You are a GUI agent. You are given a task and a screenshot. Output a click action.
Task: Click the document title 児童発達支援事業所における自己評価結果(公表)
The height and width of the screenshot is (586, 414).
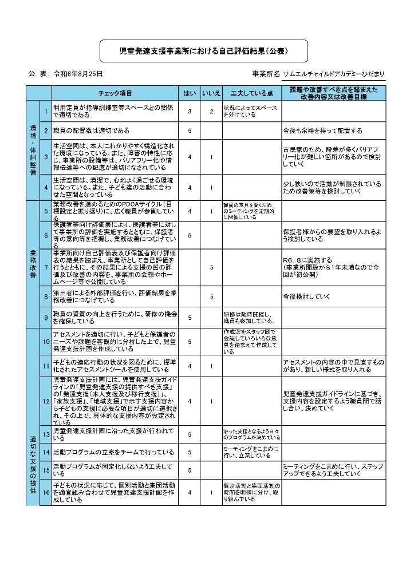click(203, 52)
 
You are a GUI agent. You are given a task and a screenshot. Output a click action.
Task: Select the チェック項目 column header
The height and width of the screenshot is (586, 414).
click(115, 93)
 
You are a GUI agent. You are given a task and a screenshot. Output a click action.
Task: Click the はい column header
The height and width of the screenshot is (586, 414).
click(190, 93)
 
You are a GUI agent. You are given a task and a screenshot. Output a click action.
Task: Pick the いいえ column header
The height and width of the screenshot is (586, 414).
click(211, 93)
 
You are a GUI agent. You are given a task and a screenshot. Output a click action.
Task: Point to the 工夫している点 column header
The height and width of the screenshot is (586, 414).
click(251, 93)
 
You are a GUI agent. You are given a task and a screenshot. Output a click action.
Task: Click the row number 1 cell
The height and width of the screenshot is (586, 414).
click(45, 110)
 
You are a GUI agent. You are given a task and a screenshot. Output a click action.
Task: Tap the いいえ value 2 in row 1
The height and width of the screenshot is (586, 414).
click(211, 111)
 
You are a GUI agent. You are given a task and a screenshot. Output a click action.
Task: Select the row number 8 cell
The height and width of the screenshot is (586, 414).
click(45, 296)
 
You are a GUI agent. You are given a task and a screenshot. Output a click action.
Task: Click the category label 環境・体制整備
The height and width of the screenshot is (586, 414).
click(33, 151)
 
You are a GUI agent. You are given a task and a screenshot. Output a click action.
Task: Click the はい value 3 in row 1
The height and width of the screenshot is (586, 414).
click(190, 111)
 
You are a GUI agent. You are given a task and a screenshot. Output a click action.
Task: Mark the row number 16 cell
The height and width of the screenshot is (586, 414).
click(45, 492)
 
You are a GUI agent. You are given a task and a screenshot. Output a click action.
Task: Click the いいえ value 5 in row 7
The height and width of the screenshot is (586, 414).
click(211, 267)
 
